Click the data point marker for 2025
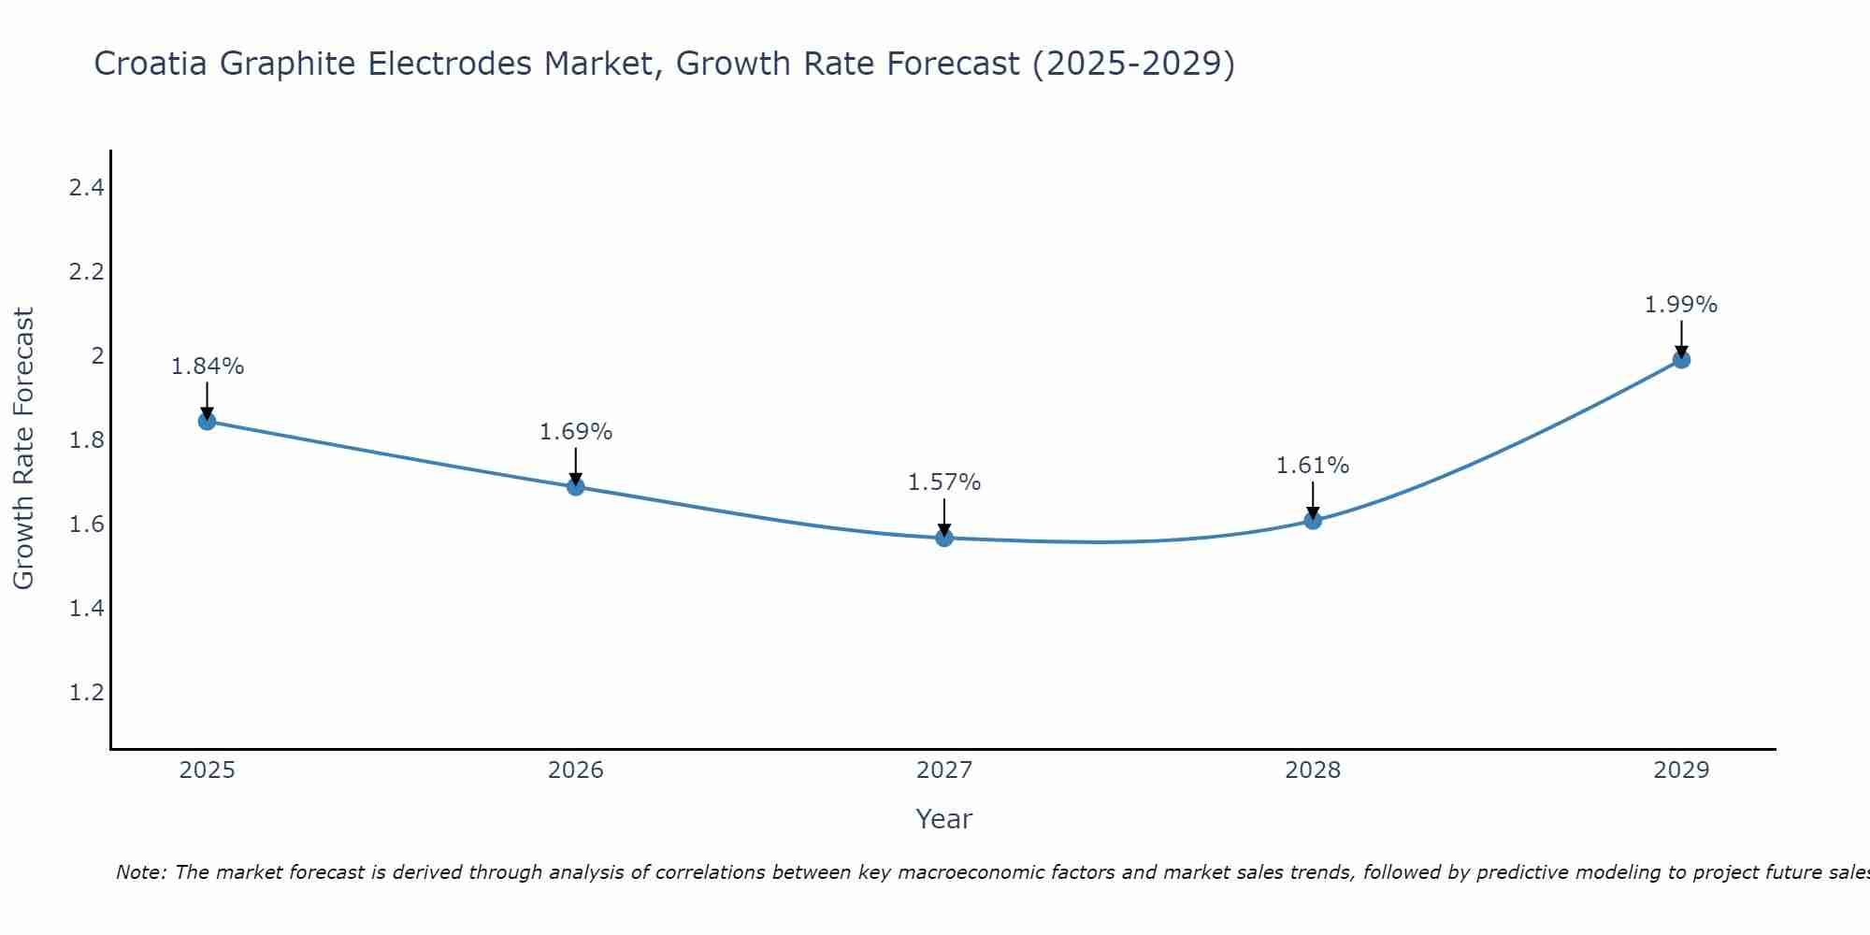[207, 422]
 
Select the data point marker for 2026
[576, 487]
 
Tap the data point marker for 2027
[944, 538]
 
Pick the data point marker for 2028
[1313, 521]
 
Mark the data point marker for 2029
[1681, 360]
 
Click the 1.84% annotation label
[207, 367]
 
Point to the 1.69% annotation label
[576, 432]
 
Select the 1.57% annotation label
[944, 482]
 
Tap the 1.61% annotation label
[1313, 466]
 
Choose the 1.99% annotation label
[1681, 305]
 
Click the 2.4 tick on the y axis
[86, 188]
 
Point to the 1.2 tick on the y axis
[86, 693]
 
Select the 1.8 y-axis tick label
[86, 440]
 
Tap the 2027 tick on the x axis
[944, 770]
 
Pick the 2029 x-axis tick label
[1681, 770]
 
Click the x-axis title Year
[944, 819]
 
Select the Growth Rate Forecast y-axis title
[23, 449]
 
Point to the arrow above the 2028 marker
[1313, 498]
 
